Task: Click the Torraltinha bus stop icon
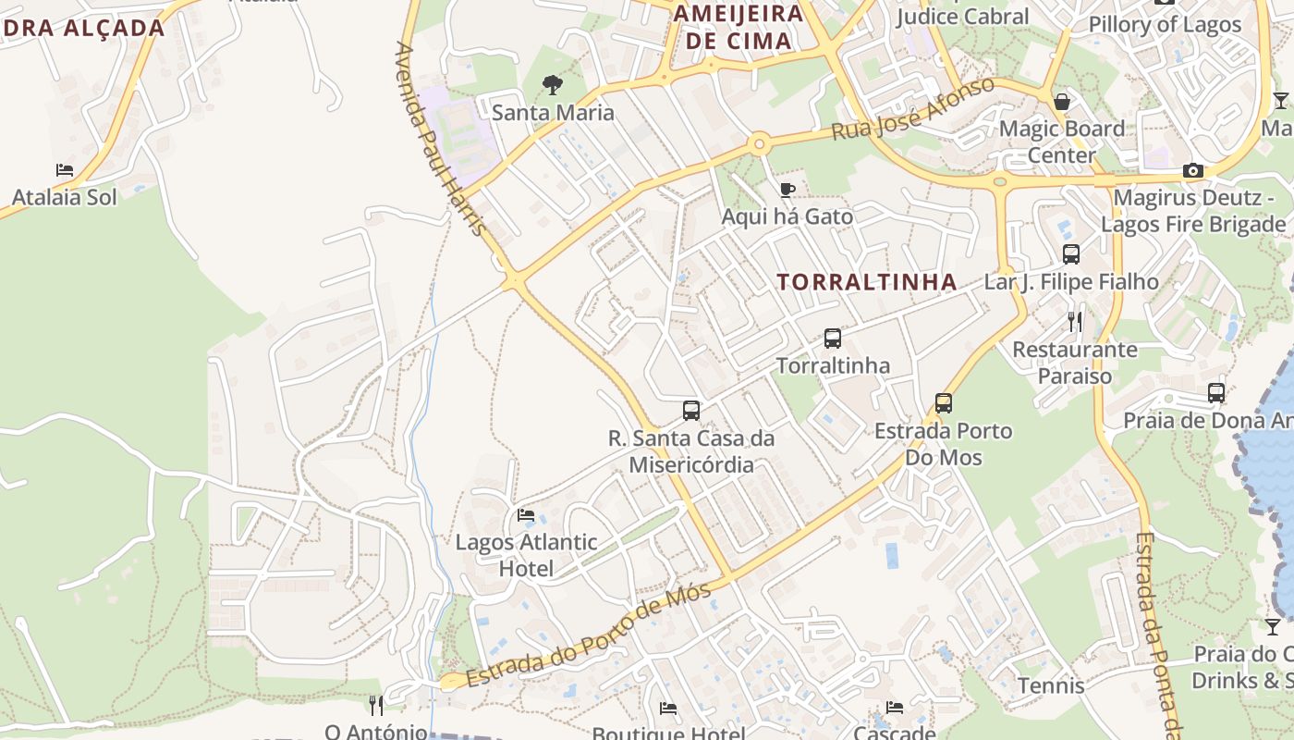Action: point(833,339)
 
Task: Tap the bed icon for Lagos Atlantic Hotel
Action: point(526,514)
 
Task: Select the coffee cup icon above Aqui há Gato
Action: point(787,190)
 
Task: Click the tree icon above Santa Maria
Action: point(552,85)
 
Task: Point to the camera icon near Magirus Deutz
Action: point(1193,170)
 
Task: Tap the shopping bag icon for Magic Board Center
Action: point(1062,101)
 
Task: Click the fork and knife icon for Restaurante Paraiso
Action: point(1074,322)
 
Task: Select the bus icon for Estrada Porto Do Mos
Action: point(943,403)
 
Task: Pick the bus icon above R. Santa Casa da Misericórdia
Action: point(690,411)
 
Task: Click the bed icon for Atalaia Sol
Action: point(64,170)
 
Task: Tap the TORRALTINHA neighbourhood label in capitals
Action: point(867,282)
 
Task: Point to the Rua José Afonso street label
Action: point(913,109)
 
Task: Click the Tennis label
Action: point(1051,686)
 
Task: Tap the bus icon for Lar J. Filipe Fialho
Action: point(1071,254)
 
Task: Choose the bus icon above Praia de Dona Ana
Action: point(1216,393)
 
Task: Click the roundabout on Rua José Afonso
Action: point(760,143)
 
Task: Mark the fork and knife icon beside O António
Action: point(375,705)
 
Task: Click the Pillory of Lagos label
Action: point(1165,25)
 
